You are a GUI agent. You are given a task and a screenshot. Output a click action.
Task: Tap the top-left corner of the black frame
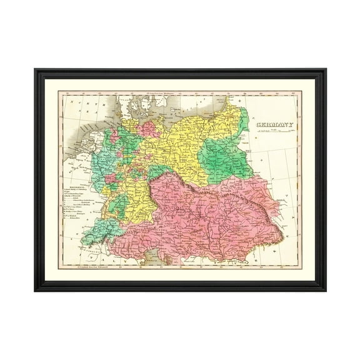pos(36,70)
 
